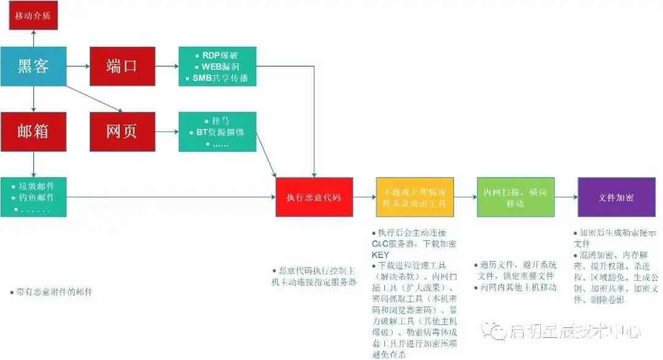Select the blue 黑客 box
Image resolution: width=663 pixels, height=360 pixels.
(x=33, y=66)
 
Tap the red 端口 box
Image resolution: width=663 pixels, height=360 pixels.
(x=122, y=66)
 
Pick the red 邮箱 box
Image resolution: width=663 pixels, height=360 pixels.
(x=33, y=131)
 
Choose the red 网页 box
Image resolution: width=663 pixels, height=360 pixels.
(x=122, y=131)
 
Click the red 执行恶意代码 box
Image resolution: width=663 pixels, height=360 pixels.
(x=314, y=197)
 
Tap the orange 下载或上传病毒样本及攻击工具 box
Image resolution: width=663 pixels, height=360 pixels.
(x=414, y=197)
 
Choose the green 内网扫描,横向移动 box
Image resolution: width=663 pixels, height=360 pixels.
(x=515, y=197)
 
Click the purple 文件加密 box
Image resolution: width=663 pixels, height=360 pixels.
(x=616, y=197)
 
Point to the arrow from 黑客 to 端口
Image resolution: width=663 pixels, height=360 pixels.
(x=78, y=66)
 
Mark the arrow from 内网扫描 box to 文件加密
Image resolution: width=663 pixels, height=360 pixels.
(x=565, y=197)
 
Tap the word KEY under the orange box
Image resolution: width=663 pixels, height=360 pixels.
(x=381, y=254)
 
